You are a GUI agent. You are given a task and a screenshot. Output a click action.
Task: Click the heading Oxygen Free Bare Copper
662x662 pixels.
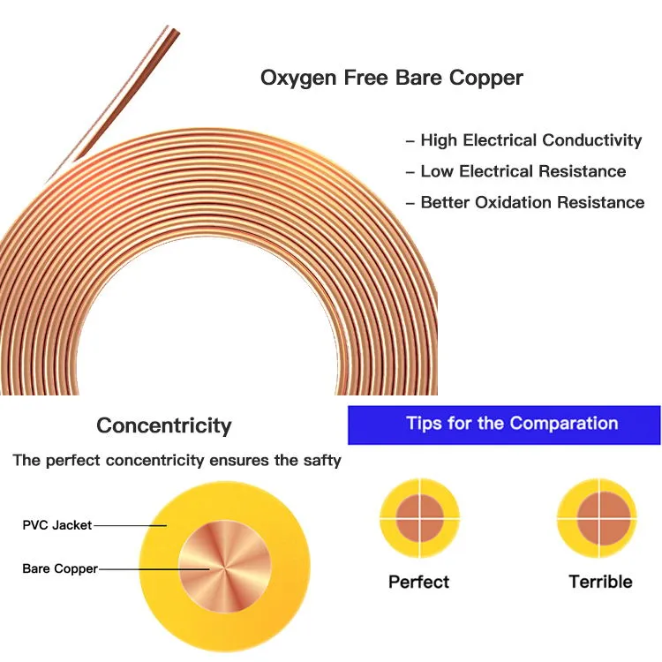tap(391, 78)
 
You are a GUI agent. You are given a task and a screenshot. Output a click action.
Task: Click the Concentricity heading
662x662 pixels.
tap(164, 425)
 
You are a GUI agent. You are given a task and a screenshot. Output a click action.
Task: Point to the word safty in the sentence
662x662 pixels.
tap(322, 460)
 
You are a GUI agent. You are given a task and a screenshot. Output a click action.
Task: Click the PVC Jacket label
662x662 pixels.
tap(56, 525)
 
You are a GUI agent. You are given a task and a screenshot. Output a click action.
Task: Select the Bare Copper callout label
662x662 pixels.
tap(60, 568)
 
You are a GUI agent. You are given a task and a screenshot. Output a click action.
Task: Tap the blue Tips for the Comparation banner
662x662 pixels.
tap(504, 424)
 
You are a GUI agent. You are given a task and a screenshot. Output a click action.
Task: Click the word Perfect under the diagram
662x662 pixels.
tap(418, 582)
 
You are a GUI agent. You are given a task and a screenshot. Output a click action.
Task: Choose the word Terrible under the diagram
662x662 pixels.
tap(600, 582)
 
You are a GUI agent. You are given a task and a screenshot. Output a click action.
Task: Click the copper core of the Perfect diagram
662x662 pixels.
tap(418, 517)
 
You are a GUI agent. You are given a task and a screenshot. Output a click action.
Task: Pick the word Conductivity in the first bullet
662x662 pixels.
tap(591, 140)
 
